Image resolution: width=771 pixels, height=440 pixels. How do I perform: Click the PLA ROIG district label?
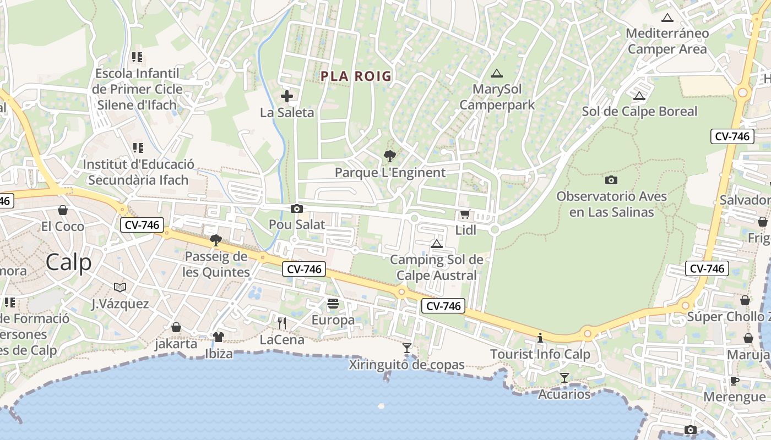pyautogui.click(x=356, y=76)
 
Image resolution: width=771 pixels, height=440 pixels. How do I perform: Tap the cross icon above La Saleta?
pyautogui.click(x=287, y=97)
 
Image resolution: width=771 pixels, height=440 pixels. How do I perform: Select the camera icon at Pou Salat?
pyautogui.click(x=297, y=208)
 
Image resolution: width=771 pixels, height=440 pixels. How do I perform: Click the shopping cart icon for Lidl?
pyautogui.click(x=465, y=215)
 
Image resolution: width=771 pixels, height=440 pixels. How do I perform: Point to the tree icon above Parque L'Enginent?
pyautogui.click(x=390, y=156)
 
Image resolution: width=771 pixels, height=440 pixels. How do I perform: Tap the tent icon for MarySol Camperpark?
pyautogui.click(x=497, y=73)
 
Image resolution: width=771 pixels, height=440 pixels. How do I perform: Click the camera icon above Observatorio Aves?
pyautogui.click(x=611, y=180)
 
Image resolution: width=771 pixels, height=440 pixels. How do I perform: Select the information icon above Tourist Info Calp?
pyautogui.click(x=540, y=338)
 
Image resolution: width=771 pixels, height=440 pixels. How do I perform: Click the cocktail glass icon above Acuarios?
pyautogui.click(x=564, y=378)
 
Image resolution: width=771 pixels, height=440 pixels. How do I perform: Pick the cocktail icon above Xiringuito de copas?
pyautogui.click(x=407, y=348)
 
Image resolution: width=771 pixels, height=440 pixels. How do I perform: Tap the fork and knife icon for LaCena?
pyautogui.click(x=282, y=323)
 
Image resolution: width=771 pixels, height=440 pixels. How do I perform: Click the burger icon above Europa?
pyautogui.click(x=333, y=303)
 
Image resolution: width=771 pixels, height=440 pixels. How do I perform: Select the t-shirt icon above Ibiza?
pyautogui.click(x=219, y=337)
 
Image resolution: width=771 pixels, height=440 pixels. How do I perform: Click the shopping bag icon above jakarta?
pyautogui.click(x=176, y=327)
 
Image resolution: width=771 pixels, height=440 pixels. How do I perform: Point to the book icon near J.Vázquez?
pyautogui.click(x=120, y=287)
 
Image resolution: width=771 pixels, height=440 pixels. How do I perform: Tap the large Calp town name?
pyautogui.click(x=69, y=262)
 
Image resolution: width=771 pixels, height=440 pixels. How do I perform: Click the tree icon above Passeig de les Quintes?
pyautogui.click(x=216, y=240)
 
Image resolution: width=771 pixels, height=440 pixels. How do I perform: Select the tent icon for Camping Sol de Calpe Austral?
pyautogui.click(x=437, y=244)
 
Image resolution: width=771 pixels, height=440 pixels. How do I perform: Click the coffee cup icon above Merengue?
pyautogui.click(x=735, y=381)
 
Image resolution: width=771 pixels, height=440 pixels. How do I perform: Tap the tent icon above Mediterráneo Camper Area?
pyautogui.click(x=667, y=18)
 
